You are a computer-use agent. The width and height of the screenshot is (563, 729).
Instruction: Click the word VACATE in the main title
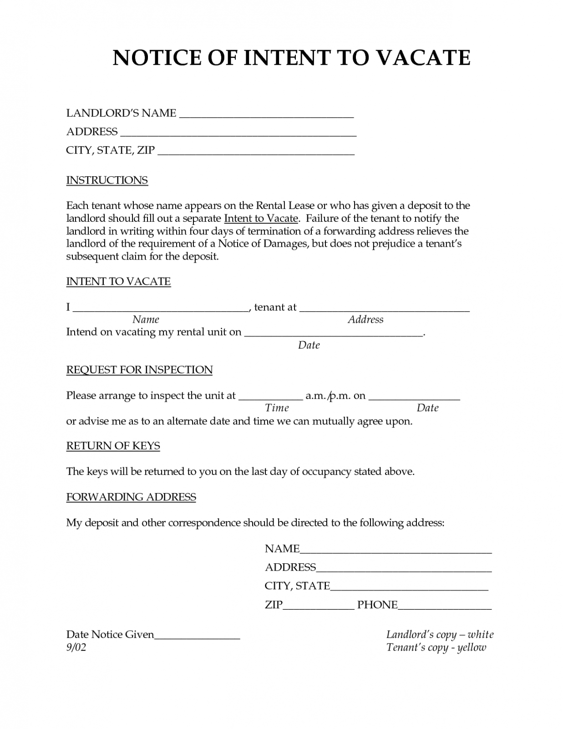(424, 58)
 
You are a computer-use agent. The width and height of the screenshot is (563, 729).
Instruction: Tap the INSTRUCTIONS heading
(107, 180)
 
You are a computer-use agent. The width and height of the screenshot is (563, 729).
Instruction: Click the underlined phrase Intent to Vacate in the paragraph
(261, 219)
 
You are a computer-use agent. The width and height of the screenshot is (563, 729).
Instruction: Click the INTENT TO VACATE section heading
(118, 281)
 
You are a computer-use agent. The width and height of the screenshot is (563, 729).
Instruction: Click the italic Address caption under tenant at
(365, 320)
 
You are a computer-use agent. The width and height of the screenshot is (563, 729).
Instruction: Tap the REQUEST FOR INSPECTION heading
(139, 370)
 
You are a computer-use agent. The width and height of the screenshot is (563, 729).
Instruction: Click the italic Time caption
(277, 408)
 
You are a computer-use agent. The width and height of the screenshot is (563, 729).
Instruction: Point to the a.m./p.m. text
(328, 396)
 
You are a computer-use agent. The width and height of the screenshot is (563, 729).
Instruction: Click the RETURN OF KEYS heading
(113, 446)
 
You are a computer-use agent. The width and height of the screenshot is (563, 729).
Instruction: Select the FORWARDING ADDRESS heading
(131, 497)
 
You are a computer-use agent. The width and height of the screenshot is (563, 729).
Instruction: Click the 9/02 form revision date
(76, 647)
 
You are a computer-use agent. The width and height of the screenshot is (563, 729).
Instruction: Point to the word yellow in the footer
(472, 647)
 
